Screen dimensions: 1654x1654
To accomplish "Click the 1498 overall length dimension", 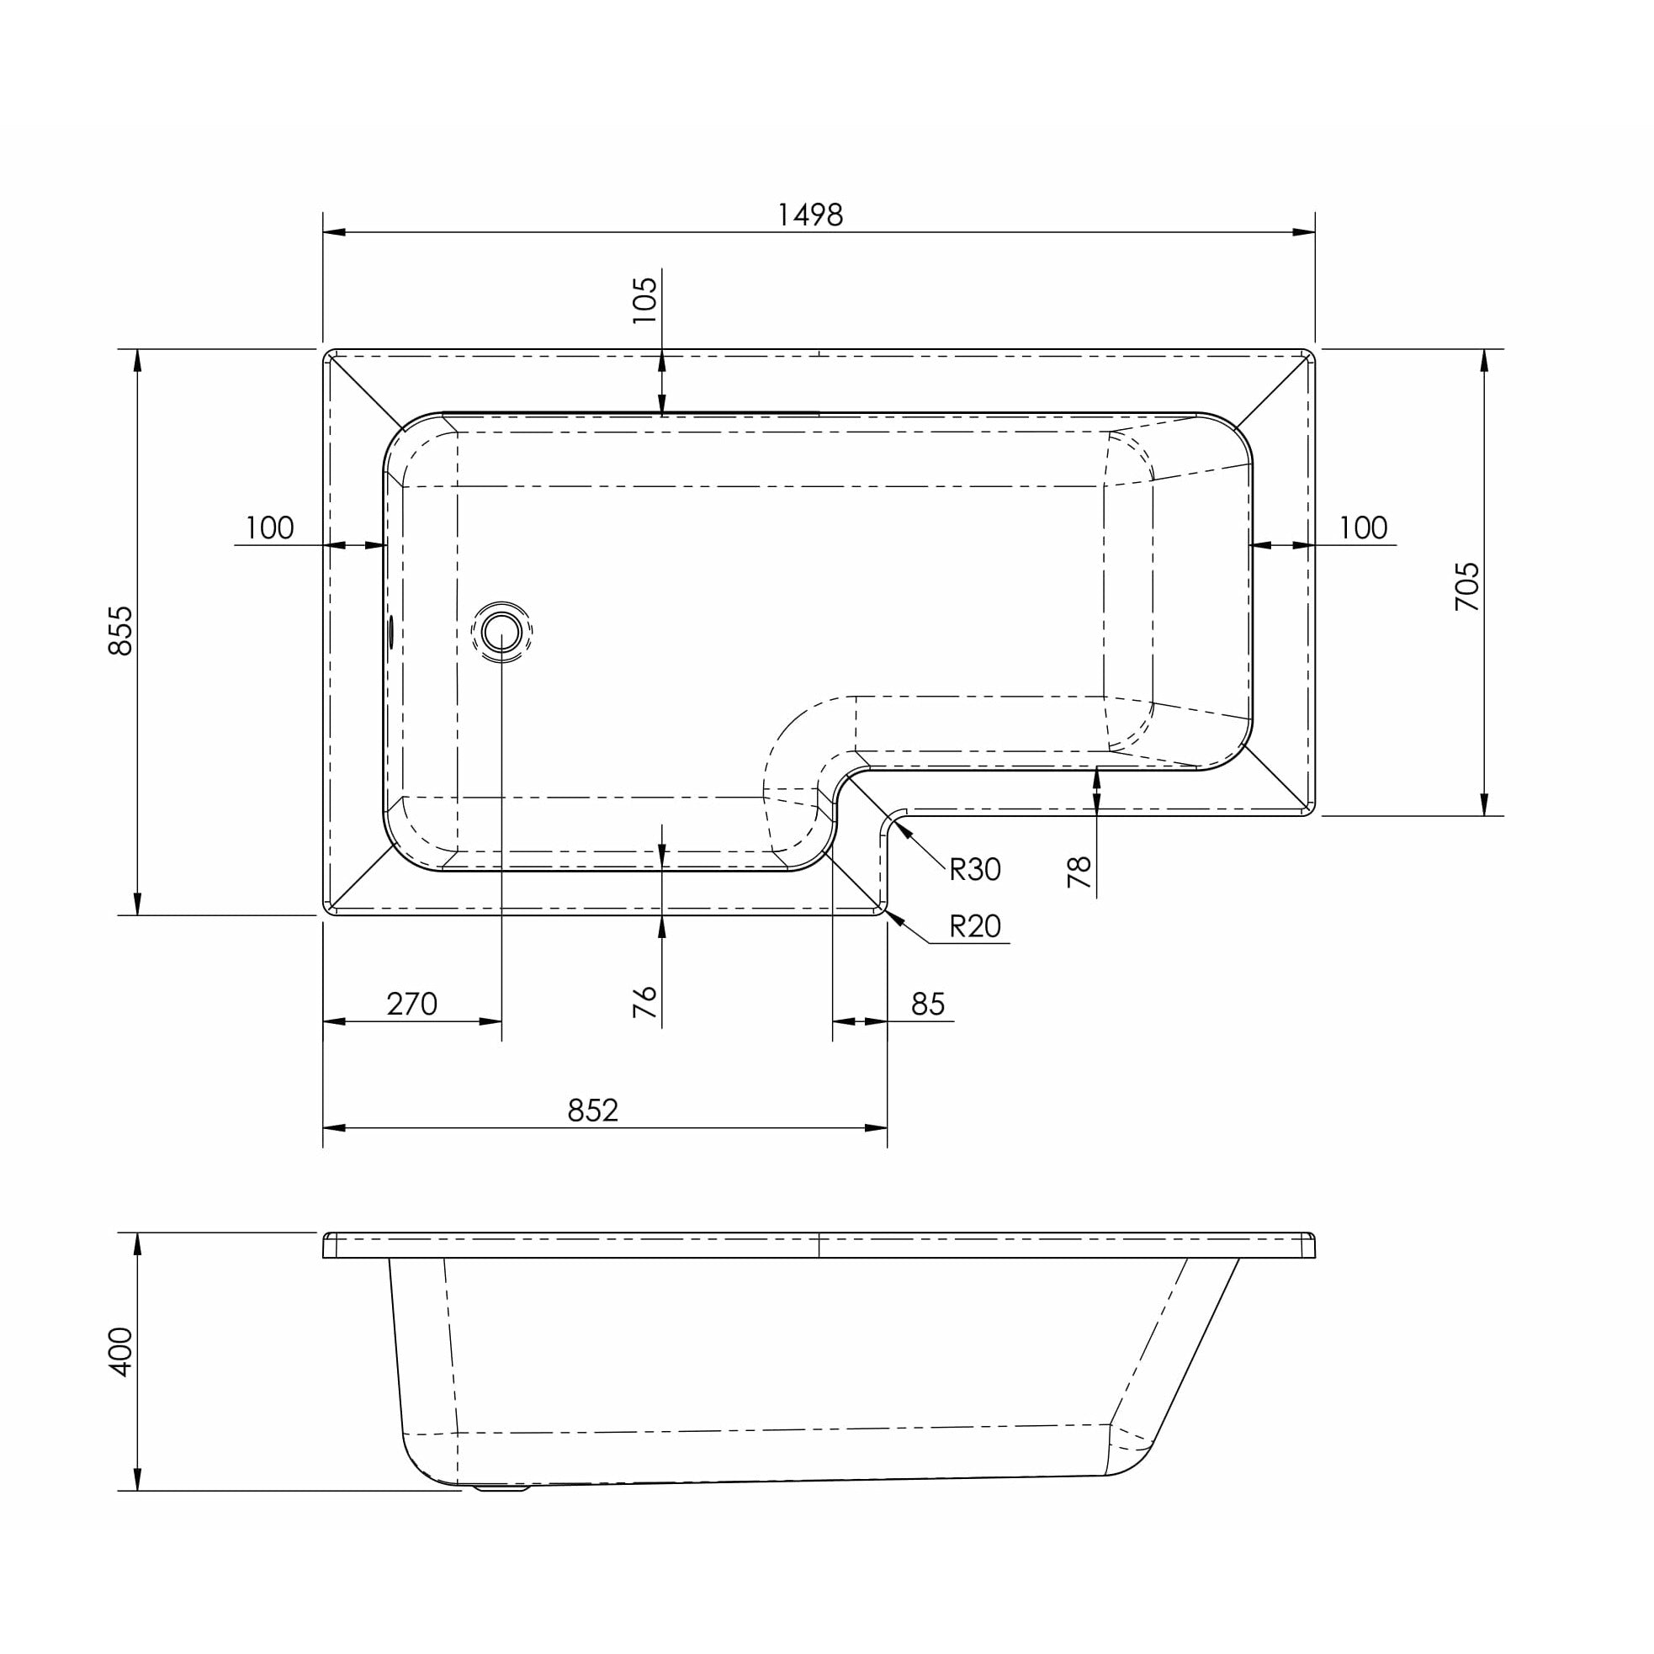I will (x=809, y=215).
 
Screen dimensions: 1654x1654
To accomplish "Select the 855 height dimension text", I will (x=120, y=631).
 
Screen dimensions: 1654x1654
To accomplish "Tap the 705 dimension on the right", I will (x=1466, y=586).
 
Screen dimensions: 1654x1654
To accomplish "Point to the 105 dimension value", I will (x=644, y=300).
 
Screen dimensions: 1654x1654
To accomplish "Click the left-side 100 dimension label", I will (x=269, y=527).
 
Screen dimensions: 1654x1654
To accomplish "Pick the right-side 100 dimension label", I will (x=1362, y=527).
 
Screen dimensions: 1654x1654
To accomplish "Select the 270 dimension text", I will (x=411, y=1004).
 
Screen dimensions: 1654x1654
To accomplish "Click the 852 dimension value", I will (x=592, y=1111).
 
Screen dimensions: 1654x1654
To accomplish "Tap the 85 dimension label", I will (x=927, y=1004).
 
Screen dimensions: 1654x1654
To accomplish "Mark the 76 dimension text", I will (x=644, y=1002).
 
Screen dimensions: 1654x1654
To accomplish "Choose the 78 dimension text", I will (x=1079, y=872).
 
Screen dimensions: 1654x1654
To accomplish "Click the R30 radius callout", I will (x=974, y=870).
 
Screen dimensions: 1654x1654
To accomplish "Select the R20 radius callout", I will (x=974, y=926).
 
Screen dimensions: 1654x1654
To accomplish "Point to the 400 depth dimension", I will (x=120, y=1352).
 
